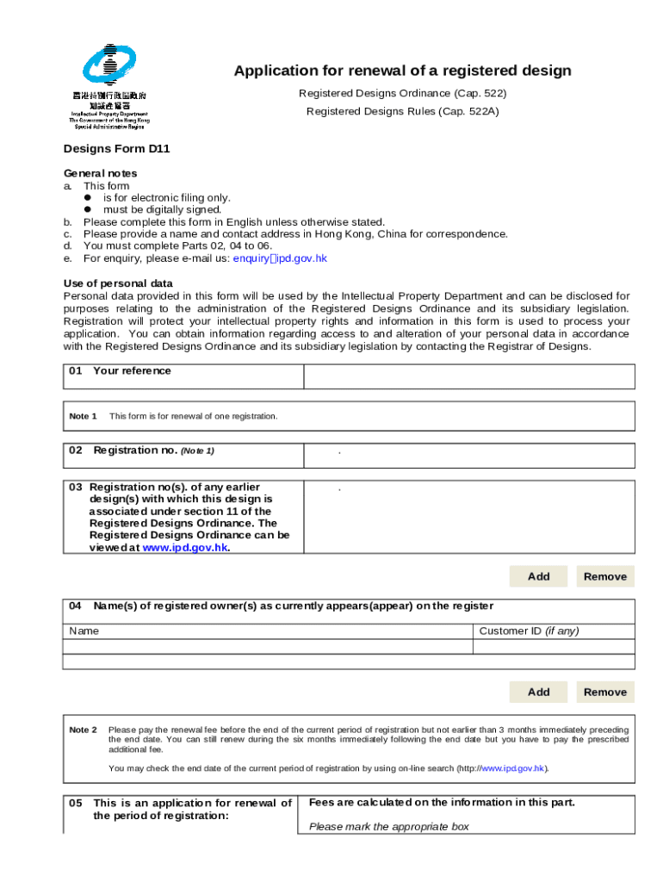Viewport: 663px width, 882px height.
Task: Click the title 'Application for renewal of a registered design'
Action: (402, 71)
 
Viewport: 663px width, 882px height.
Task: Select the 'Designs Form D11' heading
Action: (117, 148)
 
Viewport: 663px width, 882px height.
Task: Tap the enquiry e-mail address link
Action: (280, 258)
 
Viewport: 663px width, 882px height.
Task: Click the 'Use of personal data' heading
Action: (118, 283)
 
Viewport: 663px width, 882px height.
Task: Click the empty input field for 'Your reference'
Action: (468, 376)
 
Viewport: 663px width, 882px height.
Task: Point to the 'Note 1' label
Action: (83, 416)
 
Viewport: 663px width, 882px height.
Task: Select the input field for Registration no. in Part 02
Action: (468, 455)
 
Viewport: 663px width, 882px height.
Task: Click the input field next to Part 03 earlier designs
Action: (468, 516)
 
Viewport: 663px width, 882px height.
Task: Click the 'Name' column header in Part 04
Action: (84, 630)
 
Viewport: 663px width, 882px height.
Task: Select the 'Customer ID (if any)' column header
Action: (529, 630)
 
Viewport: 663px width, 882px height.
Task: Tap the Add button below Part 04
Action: (538, 692)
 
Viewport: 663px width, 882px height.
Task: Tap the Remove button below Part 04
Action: (605, 692)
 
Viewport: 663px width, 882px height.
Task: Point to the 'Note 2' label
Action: (83, 730)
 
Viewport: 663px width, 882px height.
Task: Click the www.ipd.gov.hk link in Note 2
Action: (511, 768)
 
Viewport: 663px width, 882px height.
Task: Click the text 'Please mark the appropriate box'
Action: (389, 827)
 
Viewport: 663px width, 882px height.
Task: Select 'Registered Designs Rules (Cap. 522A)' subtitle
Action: (402, 112)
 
